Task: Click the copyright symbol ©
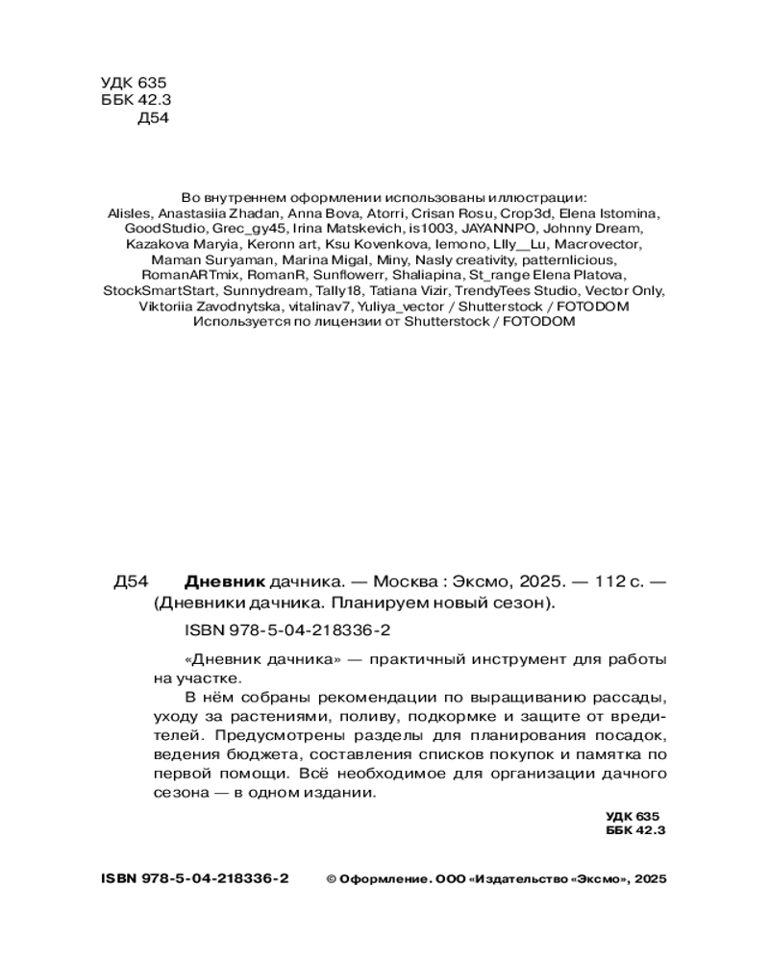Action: pyautogui.click(x=332, y=879)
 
